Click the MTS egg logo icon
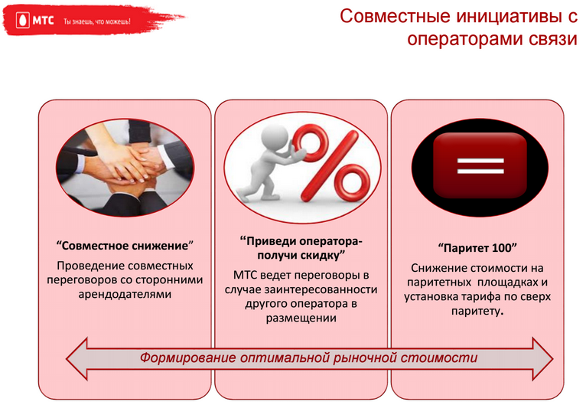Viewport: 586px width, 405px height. coord(22,21)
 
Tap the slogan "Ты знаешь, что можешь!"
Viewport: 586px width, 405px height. coord(97,21)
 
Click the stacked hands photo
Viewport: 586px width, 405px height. coord(125,168)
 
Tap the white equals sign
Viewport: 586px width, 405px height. coord(480,165)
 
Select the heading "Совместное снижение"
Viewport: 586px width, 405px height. coord(125,246)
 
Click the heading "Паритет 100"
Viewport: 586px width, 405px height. coord(477,247)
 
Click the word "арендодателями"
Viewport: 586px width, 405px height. coord(125,294)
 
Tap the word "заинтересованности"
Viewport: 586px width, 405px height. coord(321,289)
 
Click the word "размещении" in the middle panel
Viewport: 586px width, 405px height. coord(301,318)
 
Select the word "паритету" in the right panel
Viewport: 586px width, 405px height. coord(475,311)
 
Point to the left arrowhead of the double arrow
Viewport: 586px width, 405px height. coord(77,358)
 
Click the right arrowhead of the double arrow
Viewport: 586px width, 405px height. coord(542,358)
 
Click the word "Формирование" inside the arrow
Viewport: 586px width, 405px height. coord(188,358)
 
